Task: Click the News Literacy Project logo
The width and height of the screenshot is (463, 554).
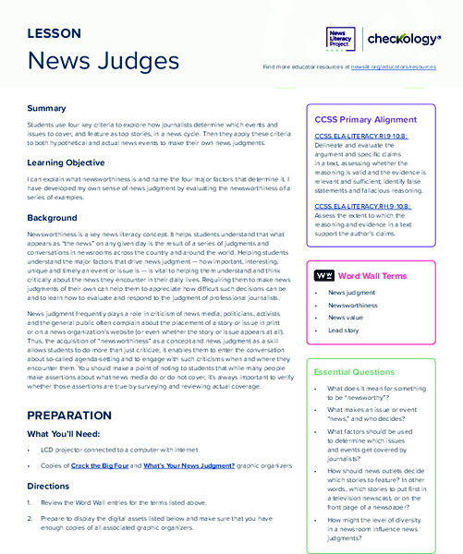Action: [339, 39]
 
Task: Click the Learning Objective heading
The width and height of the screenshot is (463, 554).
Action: [70, 163]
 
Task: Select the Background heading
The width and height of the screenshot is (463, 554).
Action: [52, 218]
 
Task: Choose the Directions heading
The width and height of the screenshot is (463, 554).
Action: [48, 484]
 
